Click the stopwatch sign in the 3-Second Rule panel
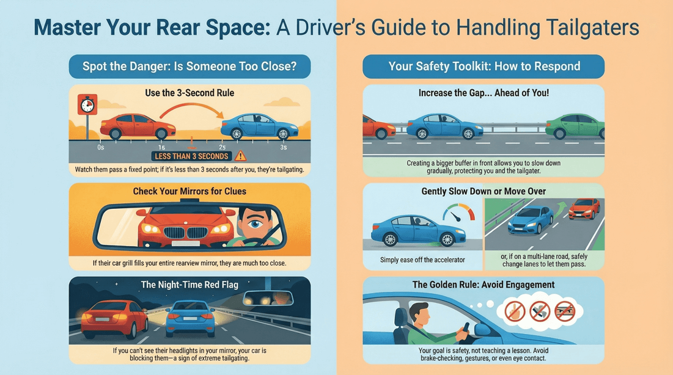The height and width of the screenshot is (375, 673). (87, 105)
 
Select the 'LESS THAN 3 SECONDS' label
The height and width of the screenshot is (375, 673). (191, 156)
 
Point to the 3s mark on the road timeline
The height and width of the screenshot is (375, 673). (283, 148)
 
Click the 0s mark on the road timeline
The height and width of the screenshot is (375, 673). (100, 148)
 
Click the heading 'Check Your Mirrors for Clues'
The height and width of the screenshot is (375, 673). (189, 191)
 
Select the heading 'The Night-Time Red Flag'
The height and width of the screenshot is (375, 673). (189, 285)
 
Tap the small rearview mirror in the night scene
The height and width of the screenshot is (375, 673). (268, 297)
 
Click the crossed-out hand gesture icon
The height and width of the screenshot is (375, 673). (515, 311)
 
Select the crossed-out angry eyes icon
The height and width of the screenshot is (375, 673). (564, 311)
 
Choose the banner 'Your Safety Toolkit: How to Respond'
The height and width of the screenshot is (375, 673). (484, 67)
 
